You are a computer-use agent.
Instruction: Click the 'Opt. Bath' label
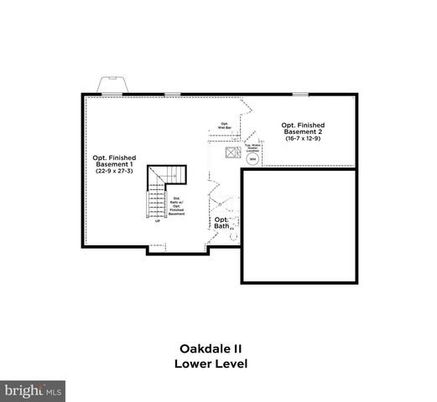coord(221,223)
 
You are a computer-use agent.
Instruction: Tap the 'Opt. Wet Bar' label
coord(225,126)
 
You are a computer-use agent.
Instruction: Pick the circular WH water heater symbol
coord(251,158)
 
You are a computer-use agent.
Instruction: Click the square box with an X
coord(229,153)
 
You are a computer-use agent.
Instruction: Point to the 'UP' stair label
coord(157,221)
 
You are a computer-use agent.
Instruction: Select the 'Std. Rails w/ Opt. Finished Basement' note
coord(176,206)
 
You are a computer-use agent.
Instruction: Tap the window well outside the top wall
coord(111,85)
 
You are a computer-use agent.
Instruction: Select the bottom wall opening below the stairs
coord(156,247)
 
